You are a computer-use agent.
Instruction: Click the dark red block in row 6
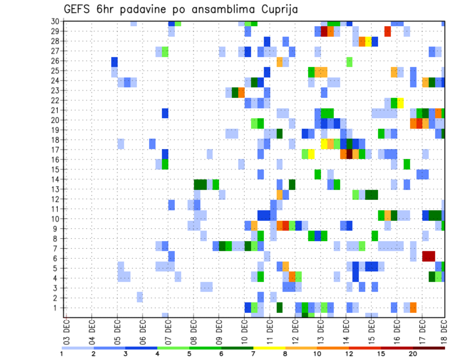(429, 256)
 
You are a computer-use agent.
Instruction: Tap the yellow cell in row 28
(368, 41)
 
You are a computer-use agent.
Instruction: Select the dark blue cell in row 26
(115, 62)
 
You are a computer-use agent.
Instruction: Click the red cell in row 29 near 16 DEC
(387, 32)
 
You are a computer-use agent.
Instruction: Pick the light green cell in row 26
(349, 62)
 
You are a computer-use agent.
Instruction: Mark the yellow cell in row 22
(400, 102)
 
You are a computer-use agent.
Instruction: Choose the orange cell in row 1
(413, 308)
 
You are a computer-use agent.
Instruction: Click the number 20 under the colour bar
(413, 354)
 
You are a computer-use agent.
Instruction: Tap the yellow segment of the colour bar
(269, 348)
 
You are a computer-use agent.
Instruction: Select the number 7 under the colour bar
(253, 354)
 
